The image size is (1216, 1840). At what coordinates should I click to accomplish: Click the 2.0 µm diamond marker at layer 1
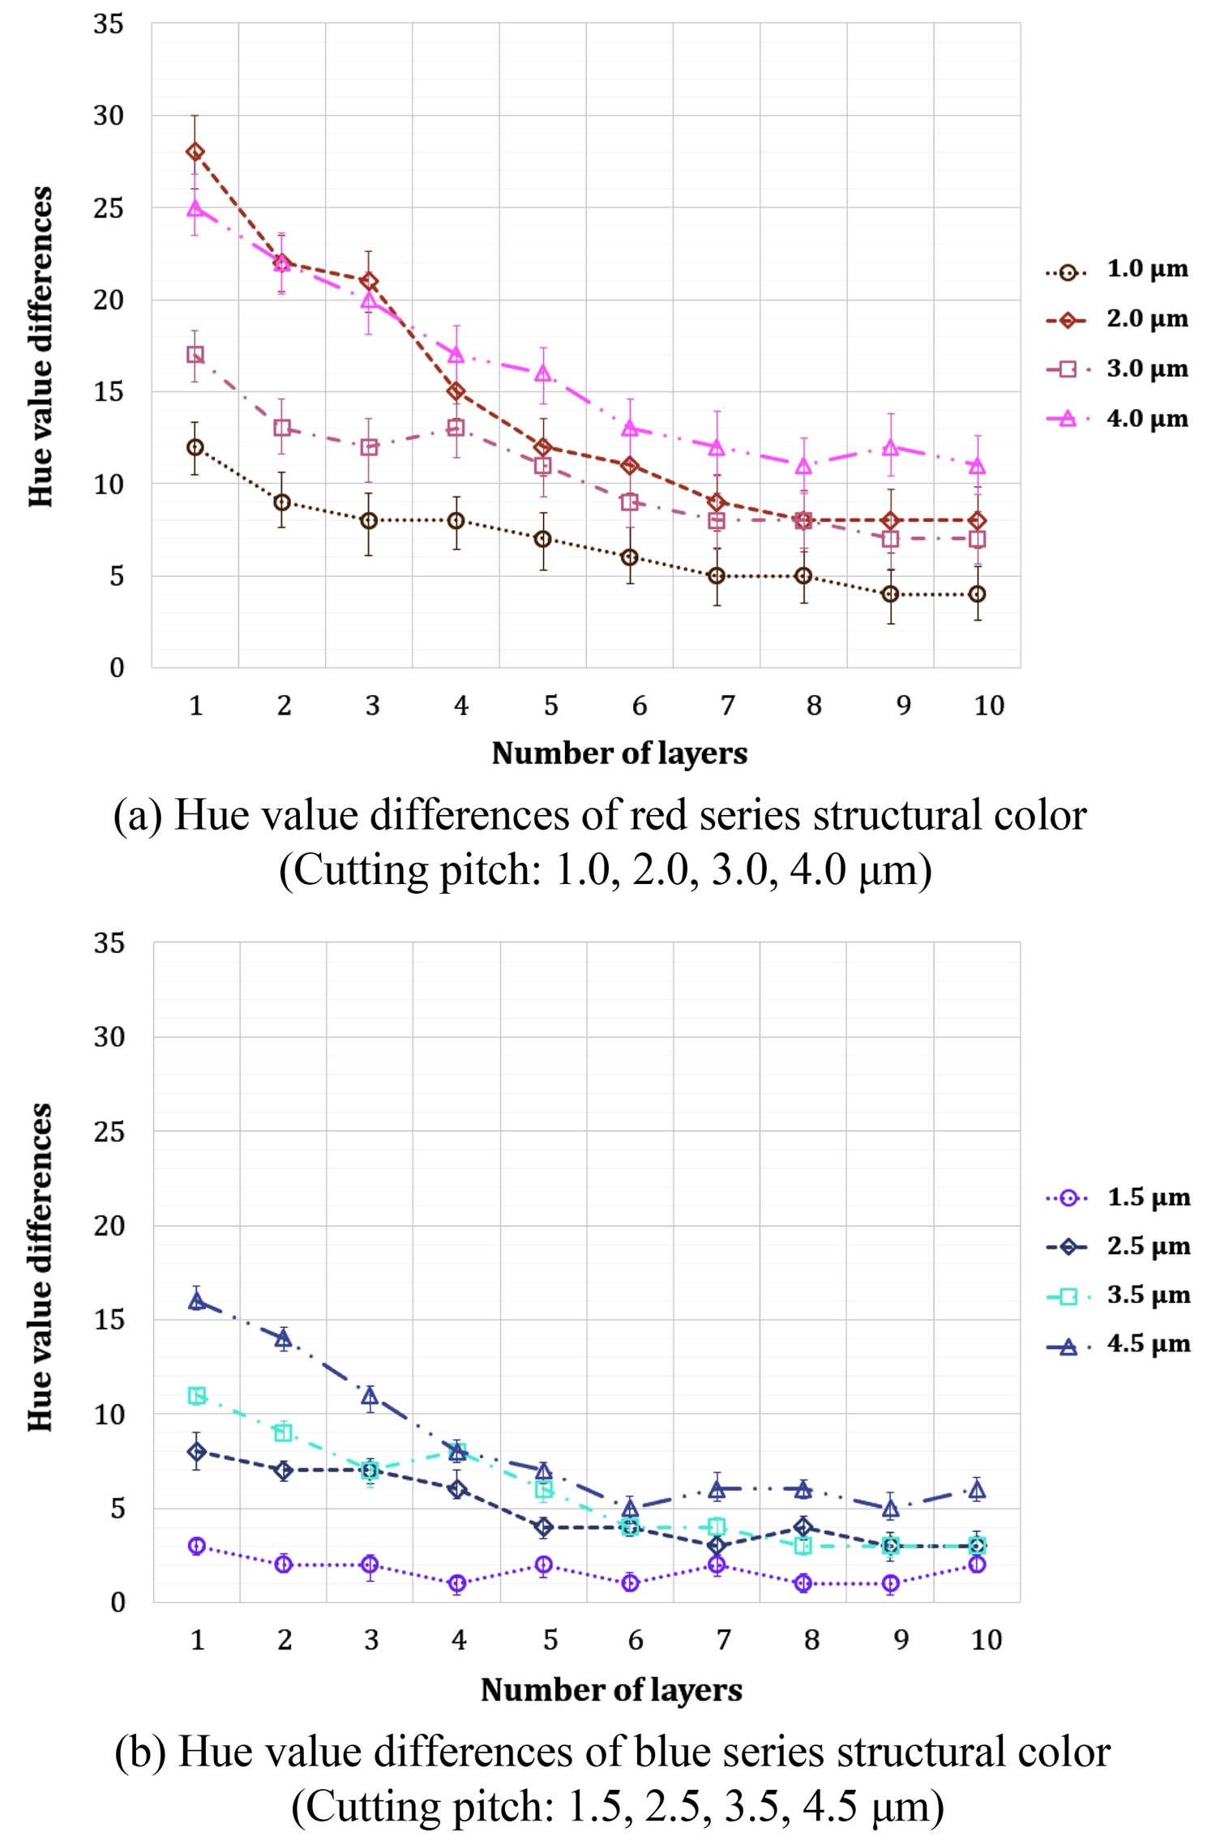coord(195,152)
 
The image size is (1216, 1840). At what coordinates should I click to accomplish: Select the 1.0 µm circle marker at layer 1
coord(195,447)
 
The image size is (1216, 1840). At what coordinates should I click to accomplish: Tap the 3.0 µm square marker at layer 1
coord(195,355)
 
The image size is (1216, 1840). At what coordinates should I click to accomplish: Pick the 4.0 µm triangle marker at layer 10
coord(978,467)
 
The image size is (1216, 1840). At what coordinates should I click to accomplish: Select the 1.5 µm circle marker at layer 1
coord(196,1546)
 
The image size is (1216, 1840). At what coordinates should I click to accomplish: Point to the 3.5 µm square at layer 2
coord(283,1432)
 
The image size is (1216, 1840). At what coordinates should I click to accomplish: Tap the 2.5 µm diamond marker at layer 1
coord(196,1452)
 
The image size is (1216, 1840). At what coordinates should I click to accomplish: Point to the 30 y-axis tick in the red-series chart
coord(109,116)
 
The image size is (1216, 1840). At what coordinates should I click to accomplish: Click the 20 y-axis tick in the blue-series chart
coord(109,1226)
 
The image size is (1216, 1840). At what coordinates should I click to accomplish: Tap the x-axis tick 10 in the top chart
coord(988,707)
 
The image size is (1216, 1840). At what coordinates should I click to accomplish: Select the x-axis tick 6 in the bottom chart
coord(636,1640)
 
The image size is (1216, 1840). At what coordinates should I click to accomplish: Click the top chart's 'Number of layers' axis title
coord(619,754)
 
